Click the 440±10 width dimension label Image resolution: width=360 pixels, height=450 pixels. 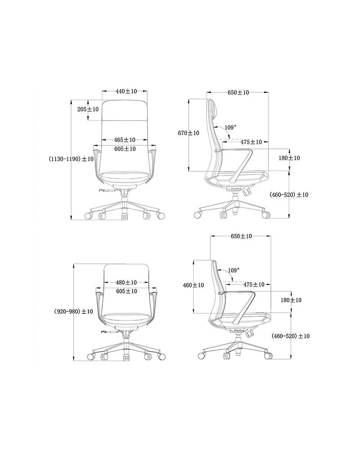(x=126, y=91)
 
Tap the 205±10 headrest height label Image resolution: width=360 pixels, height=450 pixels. (x=88, y=109)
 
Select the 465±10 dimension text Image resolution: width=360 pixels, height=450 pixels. (x=125, y=140)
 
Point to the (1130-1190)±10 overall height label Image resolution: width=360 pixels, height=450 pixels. (x=71, y=159)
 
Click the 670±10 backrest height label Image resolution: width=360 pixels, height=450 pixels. (x=188, y=133)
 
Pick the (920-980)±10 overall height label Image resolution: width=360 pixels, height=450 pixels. (x=73, y=311)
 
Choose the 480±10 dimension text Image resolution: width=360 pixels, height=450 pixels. (x=126, y=283)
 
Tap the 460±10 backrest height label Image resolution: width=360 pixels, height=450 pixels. (x=193, y=285)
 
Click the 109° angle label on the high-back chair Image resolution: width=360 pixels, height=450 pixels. (x=230, y=127)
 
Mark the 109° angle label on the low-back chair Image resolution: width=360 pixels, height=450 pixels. (x=233, y=270)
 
